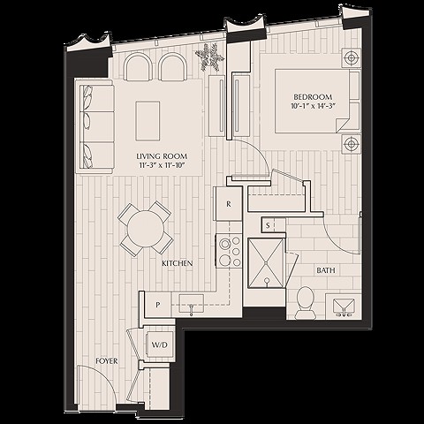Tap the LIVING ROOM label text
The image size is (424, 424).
tap(163, 155)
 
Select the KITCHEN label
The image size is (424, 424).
tap(178, 263)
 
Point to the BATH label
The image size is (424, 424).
tap(325, 270)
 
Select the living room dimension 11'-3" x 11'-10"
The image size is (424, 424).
tap(163, 165)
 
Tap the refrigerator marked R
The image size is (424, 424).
tap(229, 204)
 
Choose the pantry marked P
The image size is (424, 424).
tap(157, 304)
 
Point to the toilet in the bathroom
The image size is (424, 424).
tap(306, 299)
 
